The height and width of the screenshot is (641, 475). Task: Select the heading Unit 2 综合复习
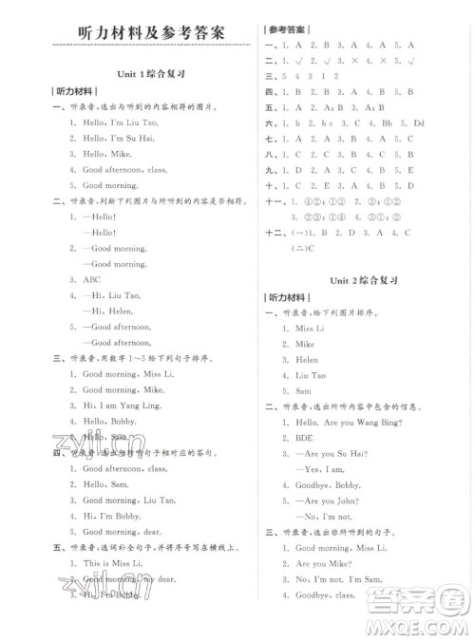pos(362,282)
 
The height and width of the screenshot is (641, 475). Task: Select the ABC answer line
pos(93,279)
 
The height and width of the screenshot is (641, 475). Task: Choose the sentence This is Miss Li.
pos(112,564)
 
